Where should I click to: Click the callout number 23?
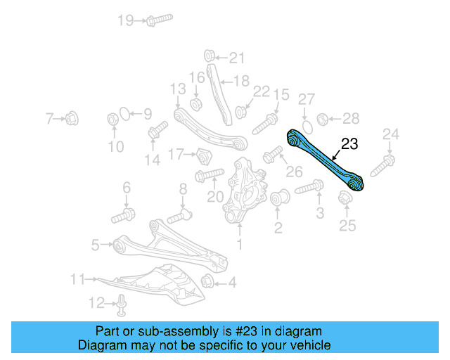click(349, 145)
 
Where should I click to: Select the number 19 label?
click(125, 20)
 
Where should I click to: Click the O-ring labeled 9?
click(124, 114)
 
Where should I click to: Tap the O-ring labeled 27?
click(306, 120)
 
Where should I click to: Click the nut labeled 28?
click(323, 118)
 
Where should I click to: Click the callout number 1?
click(239, 245)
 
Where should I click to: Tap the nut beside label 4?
click(207, 283)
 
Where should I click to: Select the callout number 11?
click(77, 279)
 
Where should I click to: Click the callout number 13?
click(177, 89)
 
